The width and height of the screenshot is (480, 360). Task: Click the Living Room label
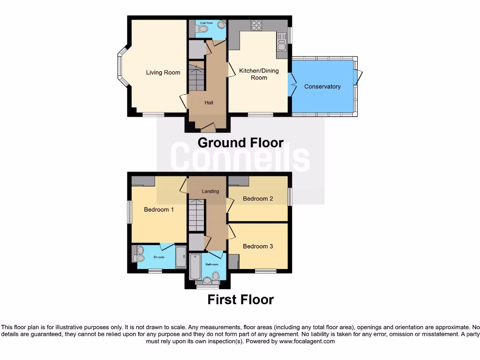pos(163,73)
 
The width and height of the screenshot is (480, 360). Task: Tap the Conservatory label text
pos(322,87)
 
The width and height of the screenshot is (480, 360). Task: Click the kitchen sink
pos(282,45)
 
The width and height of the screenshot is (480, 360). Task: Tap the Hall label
pos(209,102)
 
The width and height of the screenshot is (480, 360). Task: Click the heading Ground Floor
pos(240,142)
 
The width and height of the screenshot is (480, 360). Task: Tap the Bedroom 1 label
pos(158,210)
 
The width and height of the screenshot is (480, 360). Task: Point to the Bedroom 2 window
pos(290,196)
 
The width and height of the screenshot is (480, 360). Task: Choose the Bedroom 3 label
pos(258,246)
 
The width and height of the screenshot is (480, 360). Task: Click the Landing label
pos(210,191)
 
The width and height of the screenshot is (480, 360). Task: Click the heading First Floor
pos(240,300)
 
